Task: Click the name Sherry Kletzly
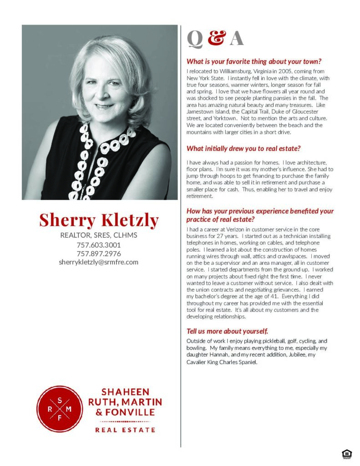click(99, 220)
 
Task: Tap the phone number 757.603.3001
click(99, 245)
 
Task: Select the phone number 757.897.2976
click(99, 253)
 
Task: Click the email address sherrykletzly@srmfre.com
click(99, 262)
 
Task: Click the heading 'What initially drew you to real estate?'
click(243, 148)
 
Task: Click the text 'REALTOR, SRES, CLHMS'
click(99, 235)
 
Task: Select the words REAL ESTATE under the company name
click(125, 430)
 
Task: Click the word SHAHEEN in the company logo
click(125, 392)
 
